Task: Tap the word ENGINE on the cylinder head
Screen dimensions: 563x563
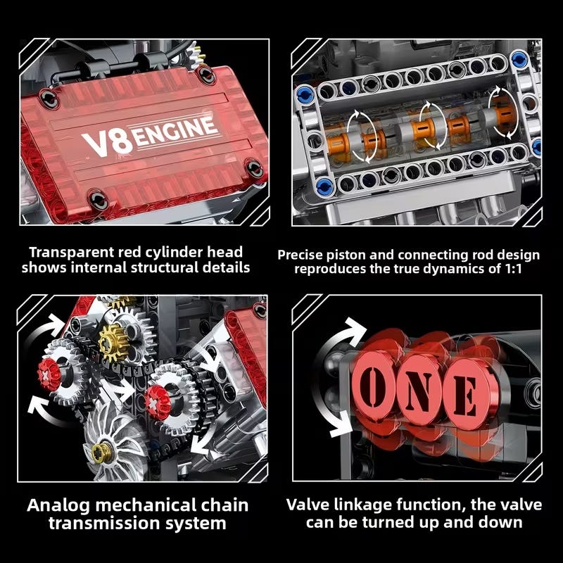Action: pos(177,131)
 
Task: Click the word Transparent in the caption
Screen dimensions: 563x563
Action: pos(72,253)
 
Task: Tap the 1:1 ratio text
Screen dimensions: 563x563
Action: pos(513,269)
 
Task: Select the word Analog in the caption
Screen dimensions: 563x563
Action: pos(58,506)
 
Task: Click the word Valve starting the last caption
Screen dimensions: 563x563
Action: pos(308,505)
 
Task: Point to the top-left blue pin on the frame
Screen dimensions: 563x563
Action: pos(305,94)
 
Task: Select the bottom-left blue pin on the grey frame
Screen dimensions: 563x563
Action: pos(324,186)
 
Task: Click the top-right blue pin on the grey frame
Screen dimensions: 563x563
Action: pos(519,59)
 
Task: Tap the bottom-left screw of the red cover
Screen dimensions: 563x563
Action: pos(98,200)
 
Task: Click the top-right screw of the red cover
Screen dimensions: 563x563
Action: pos(207,75)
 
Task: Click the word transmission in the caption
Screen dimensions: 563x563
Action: pos(104,524)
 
